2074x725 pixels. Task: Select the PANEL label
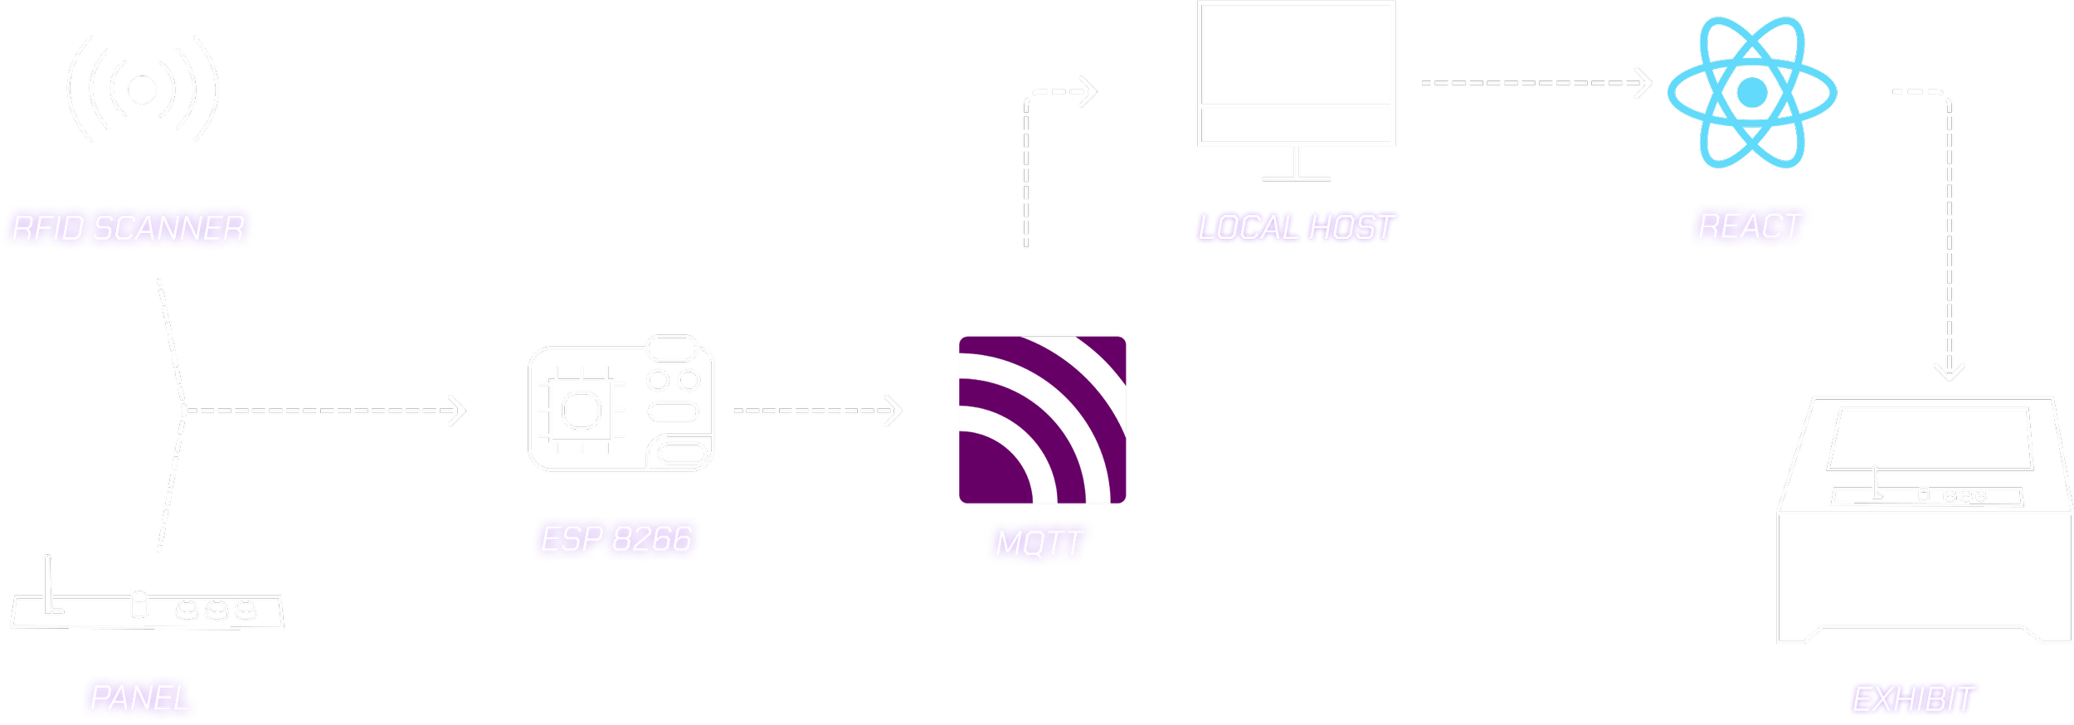(x=139, y=698)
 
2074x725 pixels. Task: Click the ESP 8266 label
(x=616, y=539)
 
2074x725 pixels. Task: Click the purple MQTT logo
(x=1043, y=420)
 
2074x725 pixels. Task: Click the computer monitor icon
(x=1296, y=79)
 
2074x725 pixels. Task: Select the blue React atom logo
(x=1752, y=92)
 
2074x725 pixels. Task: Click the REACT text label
(x=1749, y=226)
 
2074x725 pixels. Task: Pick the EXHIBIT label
(x=1912, y=699)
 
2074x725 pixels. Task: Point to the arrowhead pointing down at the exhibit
(x=1950, y=371)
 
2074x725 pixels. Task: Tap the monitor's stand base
(x=1297, y=178)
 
